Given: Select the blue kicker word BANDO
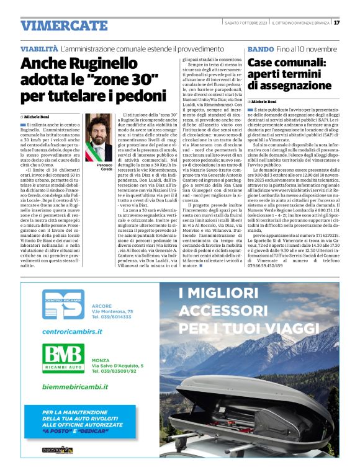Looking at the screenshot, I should (x=260, y=48).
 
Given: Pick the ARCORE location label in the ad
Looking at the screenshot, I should (x=101, y=306).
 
